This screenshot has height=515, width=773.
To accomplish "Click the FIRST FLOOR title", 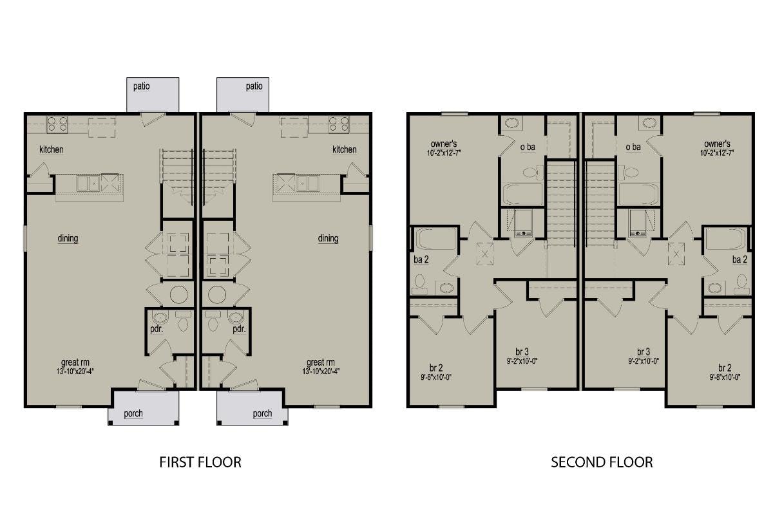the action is (x=200, y=463).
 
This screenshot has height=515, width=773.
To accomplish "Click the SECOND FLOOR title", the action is (x=602, y=463).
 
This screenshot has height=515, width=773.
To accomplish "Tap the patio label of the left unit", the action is (x=142, y=86).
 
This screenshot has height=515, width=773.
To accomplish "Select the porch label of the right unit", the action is (x=262, y=413).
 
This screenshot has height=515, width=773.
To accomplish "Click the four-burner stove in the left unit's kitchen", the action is (x=57, y=124).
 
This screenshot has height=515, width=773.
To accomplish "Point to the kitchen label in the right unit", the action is (x=345, y=149).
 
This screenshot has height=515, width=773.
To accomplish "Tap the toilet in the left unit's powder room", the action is (x=183, y=321).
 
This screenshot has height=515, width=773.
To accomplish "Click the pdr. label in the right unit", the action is (x=239, y=329).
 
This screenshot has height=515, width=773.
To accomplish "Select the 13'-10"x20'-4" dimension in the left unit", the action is (x=75, y=371).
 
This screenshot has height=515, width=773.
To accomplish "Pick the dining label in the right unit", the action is (x=328, y=238).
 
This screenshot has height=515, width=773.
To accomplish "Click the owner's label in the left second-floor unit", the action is (x=444, y=144).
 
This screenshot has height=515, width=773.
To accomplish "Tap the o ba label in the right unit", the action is (x=633, y=147).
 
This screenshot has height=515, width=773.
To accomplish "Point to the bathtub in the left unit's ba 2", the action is (x=435, y=238).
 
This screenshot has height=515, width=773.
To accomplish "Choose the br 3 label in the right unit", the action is (x=644, y=352).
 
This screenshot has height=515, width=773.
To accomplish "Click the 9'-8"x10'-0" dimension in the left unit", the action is (x=436, y=377).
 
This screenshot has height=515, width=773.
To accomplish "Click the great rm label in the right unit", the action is (x=321, y=362).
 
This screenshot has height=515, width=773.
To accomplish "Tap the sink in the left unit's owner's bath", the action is (x=511, y=123).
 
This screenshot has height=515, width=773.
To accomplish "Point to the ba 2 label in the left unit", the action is (x=421, y=259).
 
